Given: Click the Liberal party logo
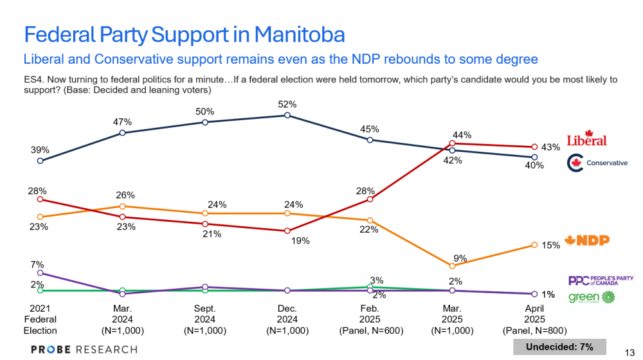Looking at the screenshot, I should [x=586, y=139].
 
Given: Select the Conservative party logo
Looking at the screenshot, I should [x=597, y=163].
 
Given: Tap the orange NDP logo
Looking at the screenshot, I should [x=586, y=241].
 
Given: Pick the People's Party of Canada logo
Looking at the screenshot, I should [x=601, y=280].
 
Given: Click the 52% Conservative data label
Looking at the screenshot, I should [x=287, y=104].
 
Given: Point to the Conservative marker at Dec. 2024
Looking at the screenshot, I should [x=287, y=116].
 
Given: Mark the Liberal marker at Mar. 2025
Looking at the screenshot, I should [x=453, y=143].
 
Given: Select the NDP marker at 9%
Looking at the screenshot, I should [x=453, y=265].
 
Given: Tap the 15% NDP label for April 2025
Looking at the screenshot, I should [x=551, y=245].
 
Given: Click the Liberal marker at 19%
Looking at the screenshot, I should [x=287, y=231].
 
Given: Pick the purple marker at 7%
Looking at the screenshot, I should [x=40, y=273].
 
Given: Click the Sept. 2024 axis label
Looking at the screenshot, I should [x=204, y=319].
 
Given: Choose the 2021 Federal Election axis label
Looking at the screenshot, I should [x=40, y=319].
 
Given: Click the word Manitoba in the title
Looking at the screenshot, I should [x=299, y=34].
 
